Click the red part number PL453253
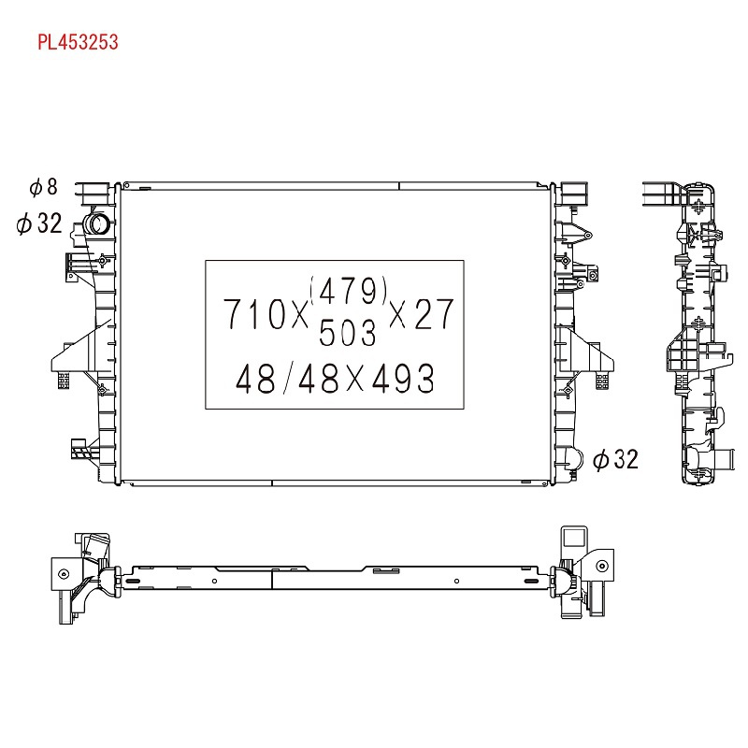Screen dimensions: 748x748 tap(78, 42)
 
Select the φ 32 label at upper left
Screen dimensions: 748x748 tap(39, 223)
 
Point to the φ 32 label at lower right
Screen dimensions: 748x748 tap(615, 459)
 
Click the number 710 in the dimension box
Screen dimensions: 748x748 tap(254, 314)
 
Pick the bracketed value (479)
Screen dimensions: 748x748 tap(348, 291)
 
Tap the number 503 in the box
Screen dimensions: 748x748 tap(347, 333)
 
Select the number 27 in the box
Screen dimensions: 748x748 tap(434, 313)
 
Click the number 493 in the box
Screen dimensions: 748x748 tap(403, 378)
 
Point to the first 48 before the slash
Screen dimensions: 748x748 tap(255, 379)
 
